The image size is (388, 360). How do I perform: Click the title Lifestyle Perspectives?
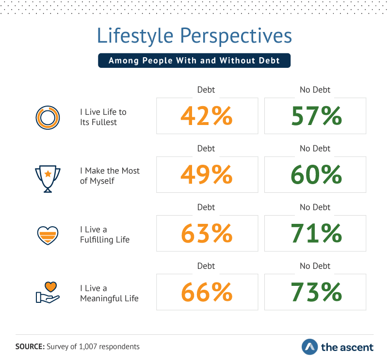pos(194,37)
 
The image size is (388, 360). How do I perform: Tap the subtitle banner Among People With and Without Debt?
pos(194,61)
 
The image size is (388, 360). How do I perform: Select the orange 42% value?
pos(207,116)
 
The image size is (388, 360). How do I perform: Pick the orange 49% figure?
pos(207,175)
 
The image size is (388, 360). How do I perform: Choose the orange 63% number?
pos(207,234)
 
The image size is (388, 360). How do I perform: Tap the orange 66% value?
pos(207,292)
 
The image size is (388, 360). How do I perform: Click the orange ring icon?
pos(48,117)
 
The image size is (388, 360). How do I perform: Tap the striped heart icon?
pos(48,235)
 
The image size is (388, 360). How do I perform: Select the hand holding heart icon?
pos(48,292)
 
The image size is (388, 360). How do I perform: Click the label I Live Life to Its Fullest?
pos(103,117)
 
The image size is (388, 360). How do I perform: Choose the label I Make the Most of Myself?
pos(110,175)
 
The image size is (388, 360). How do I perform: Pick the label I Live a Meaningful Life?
pos(109,293)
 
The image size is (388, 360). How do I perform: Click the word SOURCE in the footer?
pos(30,346)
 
